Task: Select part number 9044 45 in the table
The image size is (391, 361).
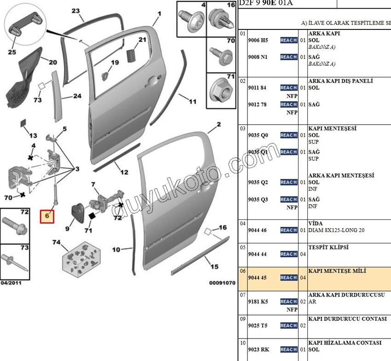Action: point(257,278)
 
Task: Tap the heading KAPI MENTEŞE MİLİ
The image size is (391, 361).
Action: point(337,271)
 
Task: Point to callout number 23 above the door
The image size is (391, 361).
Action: point(75,11)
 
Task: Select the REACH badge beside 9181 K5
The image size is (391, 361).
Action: point(288,302)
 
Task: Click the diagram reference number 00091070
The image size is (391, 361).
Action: point(222,283)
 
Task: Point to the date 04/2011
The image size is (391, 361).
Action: point(11,282)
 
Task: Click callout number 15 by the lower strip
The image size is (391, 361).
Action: point(214,266)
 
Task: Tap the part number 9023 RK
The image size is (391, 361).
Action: point(258,350)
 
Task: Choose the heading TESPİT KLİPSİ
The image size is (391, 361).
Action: point(328,247)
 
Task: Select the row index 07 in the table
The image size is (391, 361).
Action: point(242,295)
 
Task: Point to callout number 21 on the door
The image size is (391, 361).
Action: point(143,40)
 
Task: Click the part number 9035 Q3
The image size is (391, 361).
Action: point(258,200)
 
